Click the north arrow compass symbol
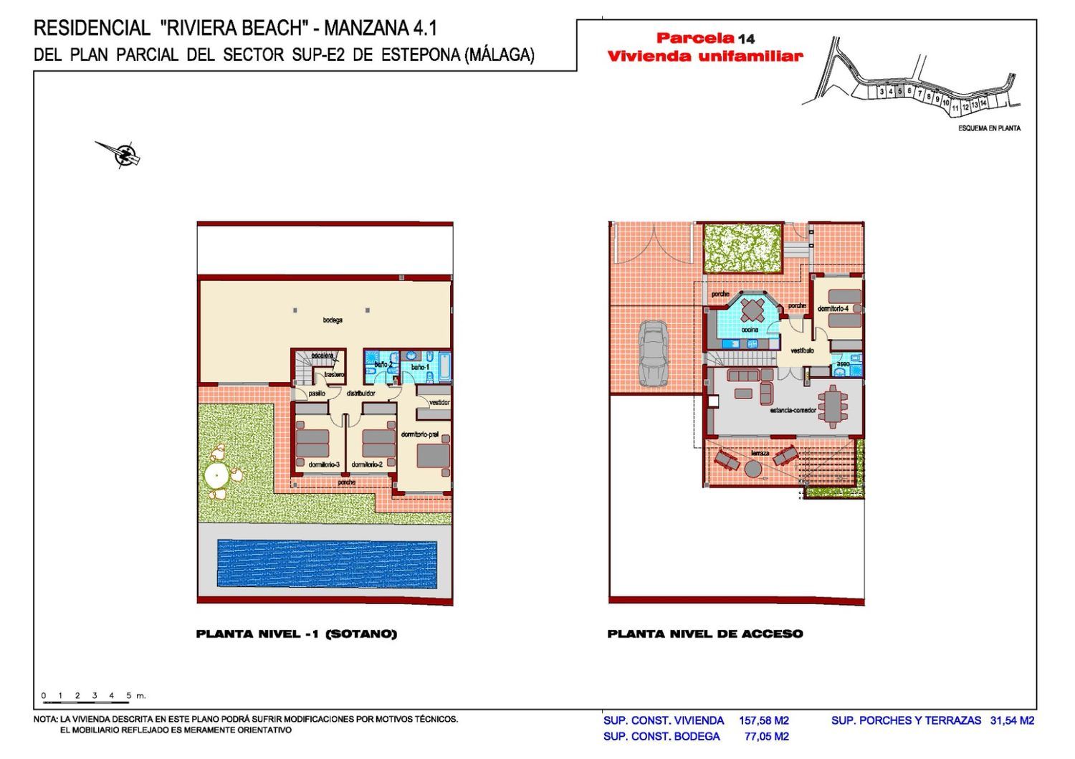pos(123,153)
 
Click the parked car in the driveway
pos(654,353)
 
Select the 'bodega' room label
pos(332,320)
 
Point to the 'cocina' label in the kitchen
pos(750,330)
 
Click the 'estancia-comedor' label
pos(793,410)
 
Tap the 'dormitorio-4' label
pos(833,309)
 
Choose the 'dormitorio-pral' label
pos(420,435)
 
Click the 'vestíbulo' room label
pos(802,350)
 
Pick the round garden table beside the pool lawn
pos(215,474)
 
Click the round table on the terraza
pos(752,469)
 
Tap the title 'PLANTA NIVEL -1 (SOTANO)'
pos(296,634)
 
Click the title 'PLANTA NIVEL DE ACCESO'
pos(705,634)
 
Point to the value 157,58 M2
pos(764,720)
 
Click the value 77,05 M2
pos(767,736)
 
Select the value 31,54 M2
pos(1012,720)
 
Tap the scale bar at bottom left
pos(86,697)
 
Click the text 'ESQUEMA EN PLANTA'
pos(989,128)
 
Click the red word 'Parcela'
pos(695,38)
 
